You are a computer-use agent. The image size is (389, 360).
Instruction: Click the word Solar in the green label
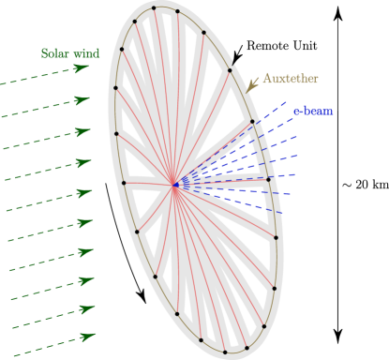coord(54,53)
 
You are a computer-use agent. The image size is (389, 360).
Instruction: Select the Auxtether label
coord(290,79)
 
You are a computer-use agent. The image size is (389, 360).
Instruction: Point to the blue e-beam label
coord(313,112)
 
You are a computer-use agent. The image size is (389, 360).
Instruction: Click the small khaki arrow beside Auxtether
coord(253,84)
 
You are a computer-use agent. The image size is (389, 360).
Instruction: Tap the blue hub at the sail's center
coord(174,185)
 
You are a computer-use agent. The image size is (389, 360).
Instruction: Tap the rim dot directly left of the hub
coord(124,183)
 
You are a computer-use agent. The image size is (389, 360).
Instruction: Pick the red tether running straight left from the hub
coord(148,184)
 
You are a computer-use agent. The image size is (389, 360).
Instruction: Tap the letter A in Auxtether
coord(267,79)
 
